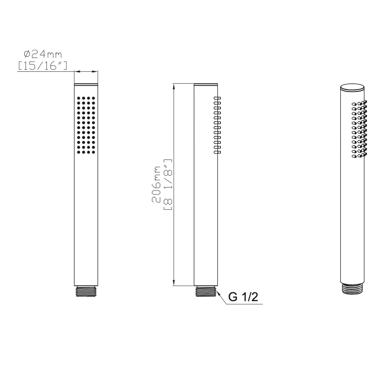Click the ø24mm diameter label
click(43, 54)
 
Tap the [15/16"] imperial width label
click(42, 66)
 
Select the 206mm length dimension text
click(156, 185)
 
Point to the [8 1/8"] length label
click(168, 185)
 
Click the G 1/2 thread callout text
click(243, 297)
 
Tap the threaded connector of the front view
click(86, 291)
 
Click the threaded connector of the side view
click(206, 291)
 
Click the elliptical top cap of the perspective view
click(353, 88)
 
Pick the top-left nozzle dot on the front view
click(79, 98)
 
